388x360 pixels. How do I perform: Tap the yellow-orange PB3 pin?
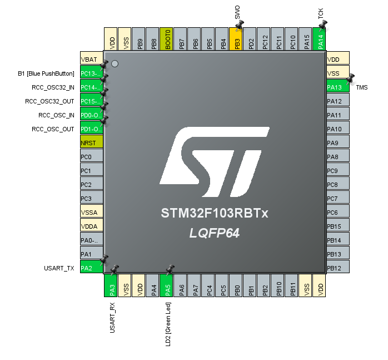[236, 40]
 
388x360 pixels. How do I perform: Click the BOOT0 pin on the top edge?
[167, 40]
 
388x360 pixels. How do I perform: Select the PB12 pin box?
[337, 268]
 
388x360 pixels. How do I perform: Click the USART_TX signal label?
[59, 268]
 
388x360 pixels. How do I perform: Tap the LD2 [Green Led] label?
[168, 324]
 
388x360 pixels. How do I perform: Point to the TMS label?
[362, 87]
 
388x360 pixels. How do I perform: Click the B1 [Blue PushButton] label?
[46, 73]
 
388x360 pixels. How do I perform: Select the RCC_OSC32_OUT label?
[49, 101]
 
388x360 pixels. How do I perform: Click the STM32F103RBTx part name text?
[215, 213]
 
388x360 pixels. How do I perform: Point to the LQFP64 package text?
[215, 234]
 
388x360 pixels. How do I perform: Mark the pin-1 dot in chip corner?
[115, 63]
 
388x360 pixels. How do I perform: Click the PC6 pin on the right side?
[337, 213]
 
